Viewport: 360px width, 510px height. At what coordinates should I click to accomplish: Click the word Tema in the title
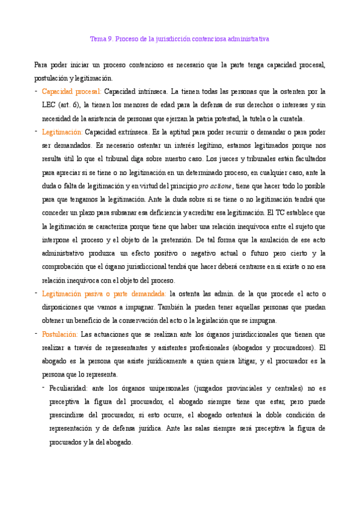coord(97,38)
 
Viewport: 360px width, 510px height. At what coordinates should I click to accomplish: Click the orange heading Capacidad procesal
coord(72,92)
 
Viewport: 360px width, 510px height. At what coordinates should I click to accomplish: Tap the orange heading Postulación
coord(60,334)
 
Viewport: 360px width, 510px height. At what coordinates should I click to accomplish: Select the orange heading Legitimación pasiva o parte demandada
coord(104,293)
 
